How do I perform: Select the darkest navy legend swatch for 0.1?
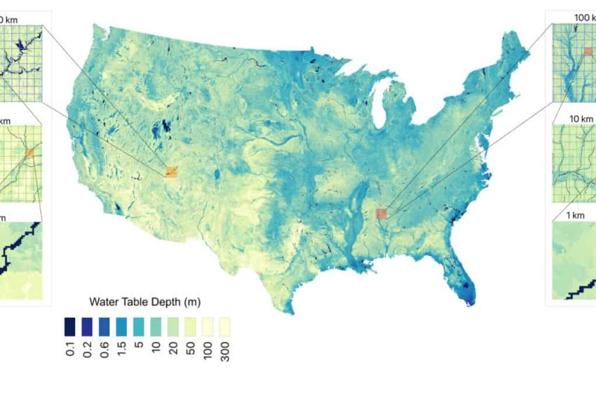click(69, 327)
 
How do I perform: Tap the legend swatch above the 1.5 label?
click(121, 327)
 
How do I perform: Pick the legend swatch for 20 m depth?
click(172, 327)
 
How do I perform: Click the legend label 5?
click(138, 345)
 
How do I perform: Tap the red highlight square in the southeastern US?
click(381, 213)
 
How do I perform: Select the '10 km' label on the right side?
click(582, 118)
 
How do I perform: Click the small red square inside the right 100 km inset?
click(588, 52)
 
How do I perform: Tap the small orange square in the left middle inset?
click(29, 152)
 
